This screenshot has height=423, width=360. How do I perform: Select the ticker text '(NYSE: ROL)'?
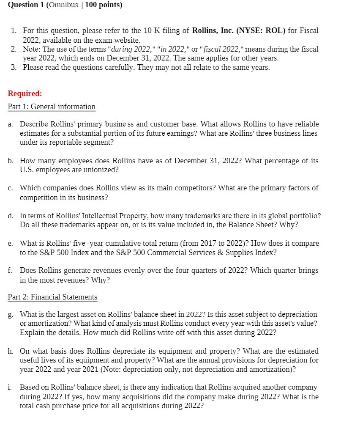pos(260,31)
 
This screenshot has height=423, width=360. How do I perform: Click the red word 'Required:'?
pos(25,93)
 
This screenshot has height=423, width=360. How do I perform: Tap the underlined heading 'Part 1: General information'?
pos(52,107)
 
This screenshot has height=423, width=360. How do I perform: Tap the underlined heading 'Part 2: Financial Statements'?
pos(52,297)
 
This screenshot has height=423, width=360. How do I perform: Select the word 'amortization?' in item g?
pos(49,324)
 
